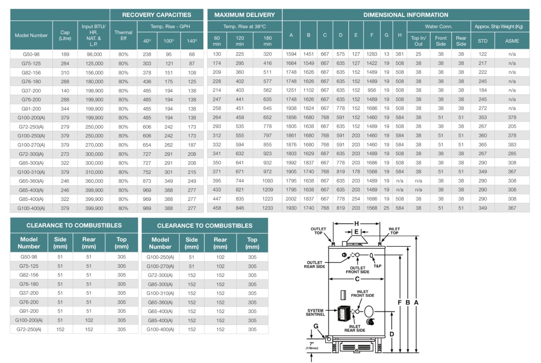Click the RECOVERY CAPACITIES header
(157, 15)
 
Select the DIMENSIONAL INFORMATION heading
(405, 15)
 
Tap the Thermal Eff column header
(123, 35)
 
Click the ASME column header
(512, 41)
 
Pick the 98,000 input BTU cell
(94, 54)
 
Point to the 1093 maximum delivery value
(267, 181)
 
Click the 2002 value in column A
(291, 199)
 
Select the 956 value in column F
(372, 90)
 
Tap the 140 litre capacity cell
(65, 91)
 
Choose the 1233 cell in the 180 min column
(267, 208)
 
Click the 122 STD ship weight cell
(483, 54)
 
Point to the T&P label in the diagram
(377, 266)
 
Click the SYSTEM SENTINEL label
(315, 312)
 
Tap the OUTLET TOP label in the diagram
(318, 231)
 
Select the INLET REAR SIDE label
(355, 329)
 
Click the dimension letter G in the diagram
(316, 326)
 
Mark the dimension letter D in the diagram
(392, 334)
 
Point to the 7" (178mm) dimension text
(312, 346)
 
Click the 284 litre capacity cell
(65, 63)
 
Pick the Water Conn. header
(439, 26)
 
